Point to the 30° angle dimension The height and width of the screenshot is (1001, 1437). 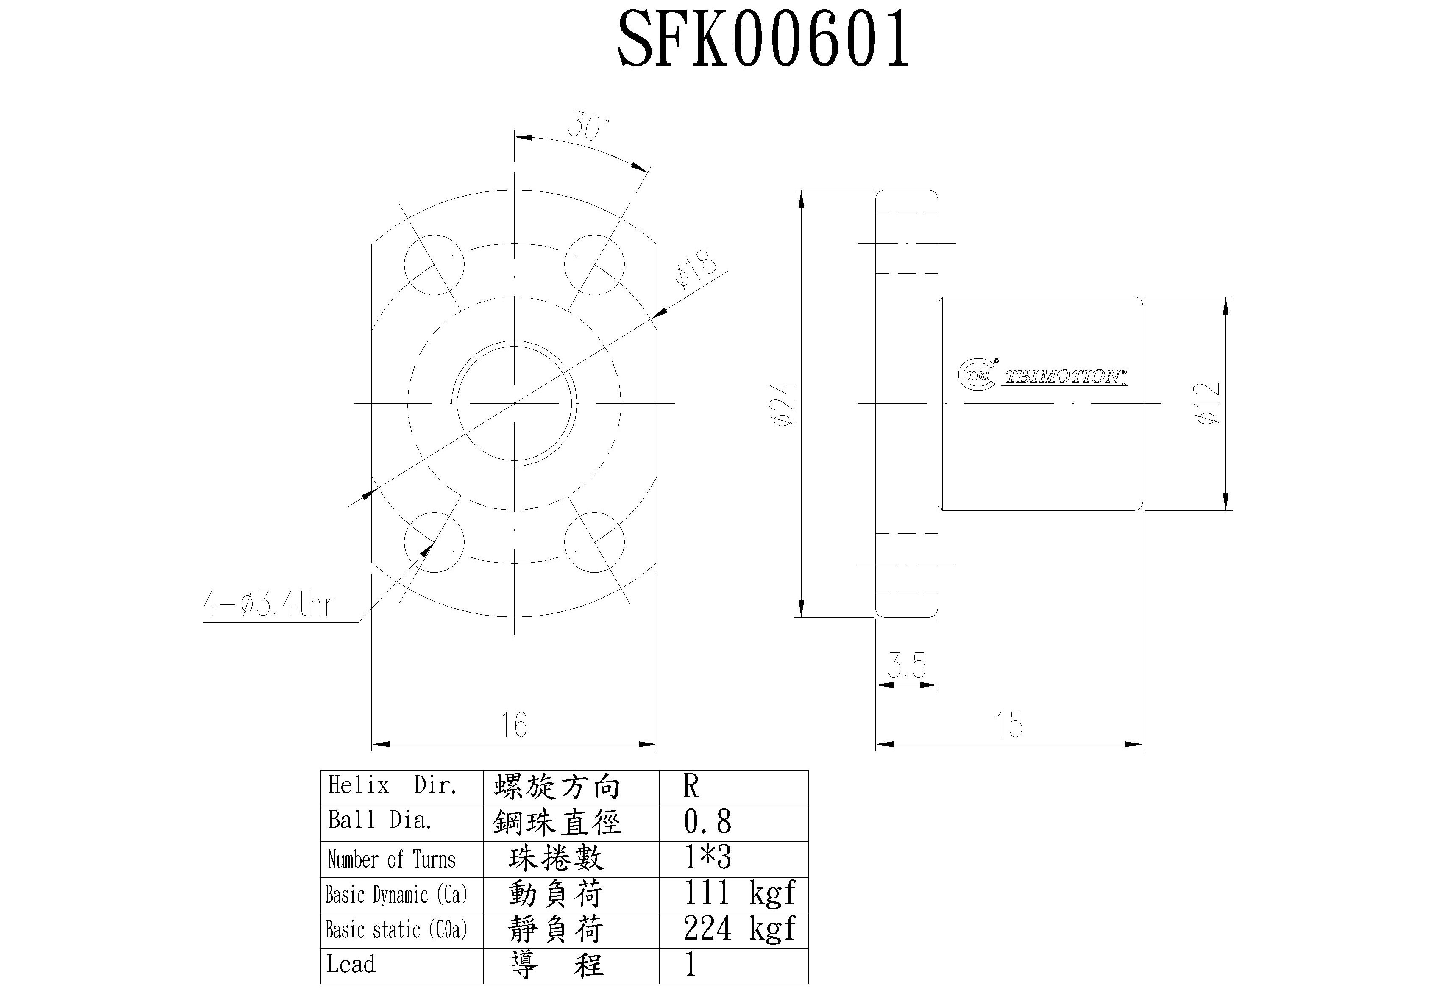(x=588, y=128)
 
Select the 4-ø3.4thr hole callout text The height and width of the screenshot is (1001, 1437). (x=268, y=604)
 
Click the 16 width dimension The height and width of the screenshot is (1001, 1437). (x=513, y=724)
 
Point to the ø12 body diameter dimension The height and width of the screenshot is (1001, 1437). (x=1208, y=404)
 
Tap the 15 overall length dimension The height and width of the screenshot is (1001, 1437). (x=1008, y=724)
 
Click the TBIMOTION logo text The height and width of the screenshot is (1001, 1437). (x=1062, y=377)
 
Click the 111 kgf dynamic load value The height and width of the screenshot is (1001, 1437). (x=738, y=893)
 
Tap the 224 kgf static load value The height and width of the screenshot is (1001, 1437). (x=738, y=929)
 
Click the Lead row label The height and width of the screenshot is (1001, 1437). (x=351, y=964)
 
